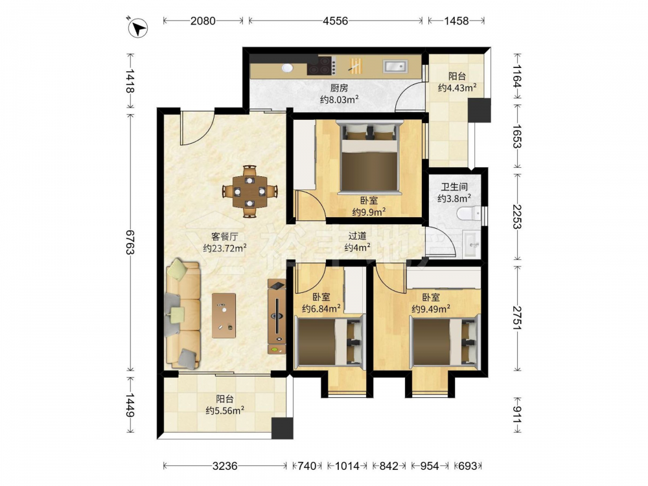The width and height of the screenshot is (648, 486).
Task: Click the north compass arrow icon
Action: point(137,28)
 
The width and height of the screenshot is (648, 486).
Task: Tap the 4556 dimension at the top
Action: point(335,21)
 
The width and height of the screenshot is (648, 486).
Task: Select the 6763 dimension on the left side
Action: point(130,242)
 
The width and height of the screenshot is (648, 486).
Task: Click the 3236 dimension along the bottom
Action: point(225,466)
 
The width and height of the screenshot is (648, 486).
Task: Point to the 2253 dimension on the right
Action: point(517,216)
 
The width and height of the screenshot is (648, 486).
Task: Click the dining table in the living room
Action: point(249,191)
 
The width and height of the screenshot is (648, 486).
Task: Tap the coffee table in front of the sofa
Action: point(224,316)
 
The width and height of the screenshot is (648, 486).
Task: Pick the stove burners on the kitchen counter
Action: point(321,65)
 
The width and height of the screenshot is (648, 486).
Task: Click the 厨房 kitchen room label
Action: point(339,87)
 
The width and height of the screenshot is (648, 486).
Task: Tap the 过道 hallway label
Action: point(357,236)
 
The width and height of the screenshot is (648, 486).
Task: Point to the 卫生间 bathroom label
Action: point(454,187)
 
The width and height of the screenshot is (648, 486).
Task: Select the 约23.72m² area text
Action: point(225,248)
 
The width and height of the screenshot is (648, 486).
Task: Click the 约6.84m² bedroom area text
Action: point(321,308)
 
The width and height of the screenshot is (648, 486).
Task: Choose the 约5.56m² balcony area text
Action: point(225,410)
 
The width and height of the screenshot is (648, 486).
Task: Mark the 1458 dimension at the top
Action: point(456,21)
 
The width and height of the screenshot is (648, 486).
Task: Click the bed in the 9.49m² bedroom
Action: point(445,340)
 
